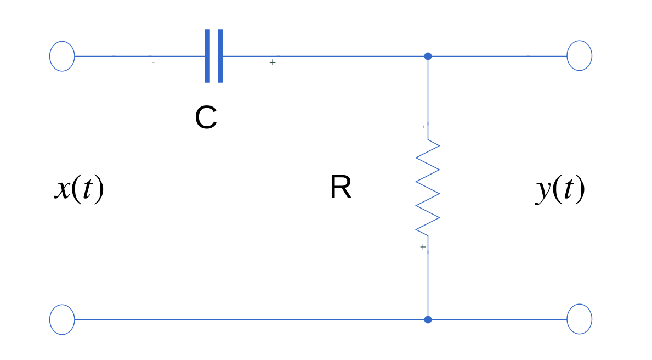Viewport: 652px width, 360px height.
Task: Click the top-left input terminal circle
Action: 62,56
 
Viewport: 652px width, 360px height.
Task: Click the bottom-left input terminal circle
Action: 62,319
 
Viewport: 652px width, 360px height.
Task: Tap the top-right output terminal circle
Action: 579,56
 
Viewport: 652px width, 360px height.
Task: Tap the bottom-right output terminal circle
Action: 579,319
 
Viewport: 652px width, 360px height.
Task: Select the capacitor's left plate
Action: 207,56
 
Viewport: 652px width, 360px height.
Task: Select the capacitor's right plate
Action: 220,56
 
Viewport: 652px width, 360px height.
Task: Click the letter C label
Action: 206,118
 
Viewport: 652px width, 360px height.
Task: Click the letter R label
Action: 341,188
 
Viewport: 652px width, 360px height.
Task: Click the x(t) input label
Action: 79,189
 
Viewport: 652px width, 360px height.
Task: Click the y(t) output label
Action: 560,189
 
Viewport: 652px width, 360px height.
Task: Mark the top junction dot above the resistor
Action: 428,56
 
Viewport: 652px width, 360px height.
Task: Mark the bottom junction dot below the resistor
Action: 428,319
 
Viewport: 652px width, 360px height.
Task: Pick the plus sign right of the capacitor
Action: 272,63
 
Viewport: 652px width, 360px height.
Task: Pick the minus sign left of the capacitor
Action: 153,63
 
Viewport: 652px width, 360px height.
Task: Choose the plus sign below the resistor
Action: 422,248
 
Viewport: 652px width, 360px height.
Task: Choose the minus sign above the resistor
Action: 423,127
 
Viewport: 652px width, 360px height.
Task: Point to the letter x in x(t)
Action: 61,191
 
